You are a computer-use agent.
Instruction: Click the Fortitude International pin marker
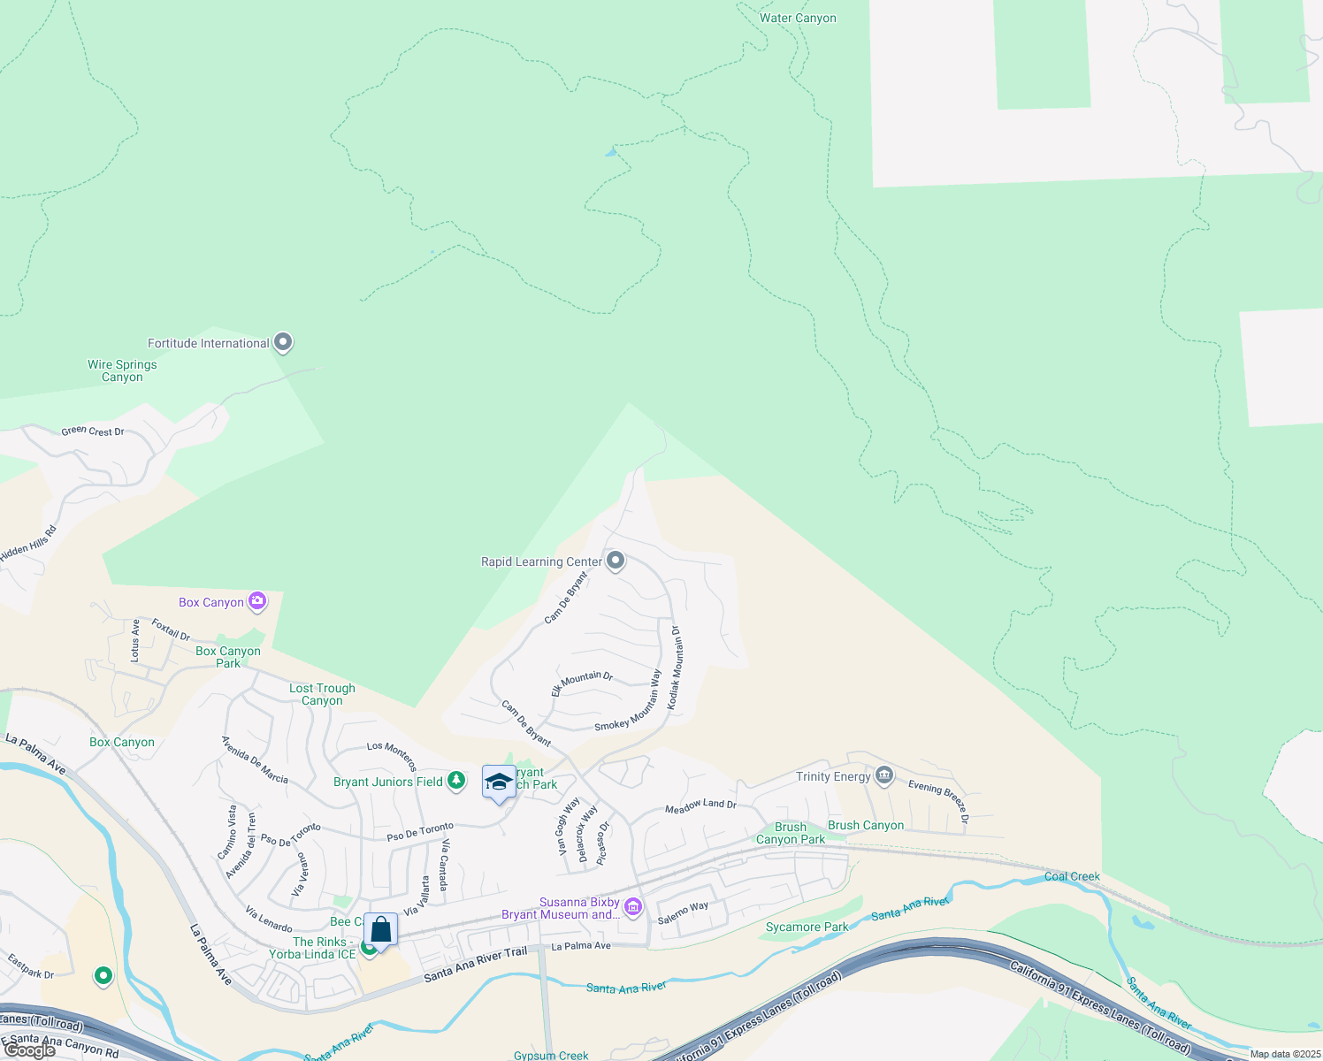click(x=283, y=342)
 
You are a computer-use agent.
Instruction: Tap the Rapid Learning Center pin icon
click(x=616, y=561)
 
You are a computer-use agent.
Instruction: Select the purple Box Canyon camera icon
click(x=257, y=601)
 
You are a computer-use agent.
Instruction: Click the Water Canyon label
click(x=798, y=18)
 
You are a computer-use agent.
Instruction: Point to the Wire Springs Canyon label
click(x=122, y=370)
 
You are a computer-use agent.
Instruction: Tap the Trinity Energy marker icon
click(x=883, y=776)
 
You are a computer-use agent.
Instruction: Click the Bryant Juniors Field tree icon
click(x=456, y=781)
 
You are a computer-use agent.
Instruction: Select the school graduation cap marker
click(x=499, y=782)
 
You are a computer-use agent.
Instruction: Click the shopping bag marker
click(x=381, y=930)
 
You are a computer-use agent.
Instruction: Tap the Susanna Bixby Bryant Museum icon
click(x=632, y=907)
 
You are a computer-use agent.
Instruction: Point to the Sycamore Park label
click(x=807, y=927)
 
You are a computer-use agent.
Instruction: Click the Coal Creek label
click(x=1072, y=876)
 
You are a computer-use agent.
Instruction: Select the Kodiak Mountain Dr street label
click(x=674, y=668)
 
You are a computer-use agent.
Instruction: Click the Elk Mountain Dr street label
click(x=582, y=682)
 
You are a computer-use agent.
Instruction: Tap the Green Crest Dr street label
click(x=92, y=431)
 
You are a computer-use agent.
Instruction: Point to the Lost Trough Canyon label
click(x=322, y=694)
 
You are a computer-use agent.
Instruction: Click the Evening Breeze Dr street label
click(x=938, y=799)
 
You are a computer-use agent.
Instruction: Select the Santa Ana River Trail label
click(x=475, y=964)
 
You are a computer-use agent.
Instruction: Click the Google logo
click(x=29, y=1050)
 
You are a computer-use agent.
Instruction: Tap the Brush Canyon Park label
click(x=791, y=833)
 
